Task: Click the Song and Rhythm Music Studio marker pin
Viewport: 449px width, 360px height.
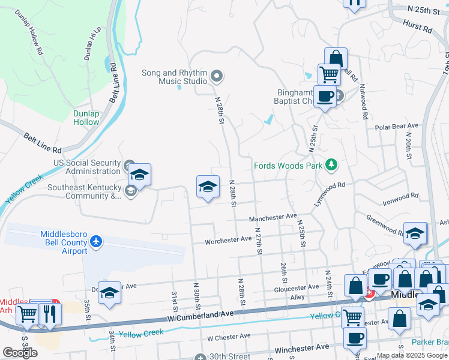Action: pyautogui.click(x=217, y=76)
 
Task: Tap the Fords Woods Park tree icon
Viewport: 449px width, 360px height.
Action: pyautogui.click(x=331, y=165)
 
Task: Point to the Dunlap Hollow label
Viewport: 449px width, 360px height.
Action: pyautogui.click(x=86, y=118)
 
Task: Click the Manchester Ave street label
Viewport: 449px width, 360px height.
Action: pyautogui.click(x=273, y=216)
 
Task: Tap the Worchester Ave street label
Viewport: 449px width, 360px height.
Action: pyautogui.click(x=228, y=239)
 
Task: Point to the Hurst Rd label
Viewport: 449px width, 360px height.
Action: pyautogui.click(x=418, y=28)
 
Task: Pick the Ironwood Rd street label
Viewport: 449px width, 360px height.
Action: pyautogui.click(x=402, y=197)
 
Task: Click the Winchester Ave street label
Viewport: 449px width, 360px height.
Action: pyautogui.click(x=303, y=347)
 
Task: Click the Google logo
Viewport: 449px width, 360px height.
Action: pyautogui.click(x=20, y=353)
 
